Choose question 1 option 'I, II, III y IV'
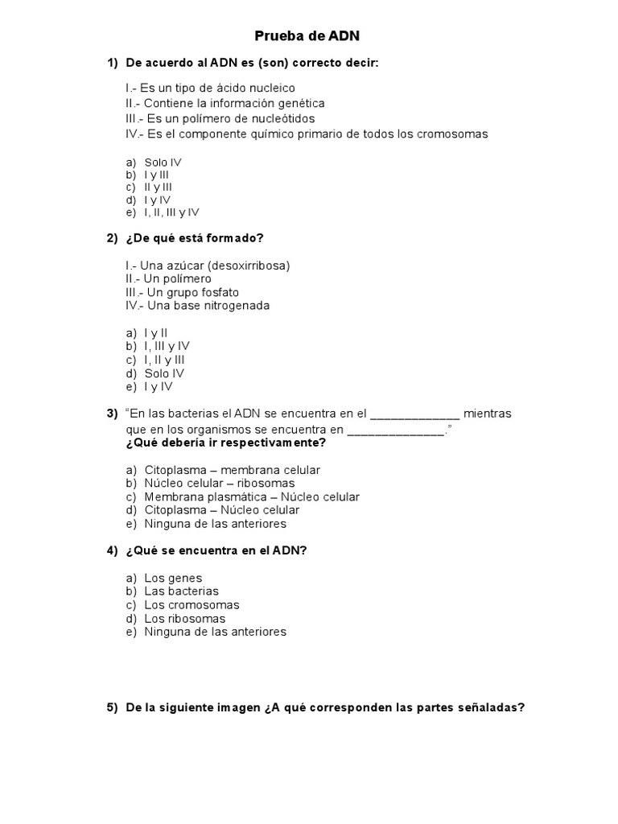(x=171, y=212)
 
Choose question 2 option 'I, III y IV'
(x=167, y=346)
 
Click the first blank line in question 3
(x=415, y=414)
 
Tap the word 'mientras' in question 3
(x=488, y=414)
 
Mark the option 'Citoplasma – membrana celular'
(x=232, y=470)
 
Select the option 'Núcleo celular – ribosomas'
(x=219, y=483)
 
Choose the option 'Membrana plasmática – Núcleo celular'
(x=252, y=496)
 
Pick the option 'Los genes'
(x=173, y=578)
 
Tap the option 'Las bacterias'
(x=181, y=591)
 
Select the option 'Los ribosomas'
(x=184, y=619)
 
